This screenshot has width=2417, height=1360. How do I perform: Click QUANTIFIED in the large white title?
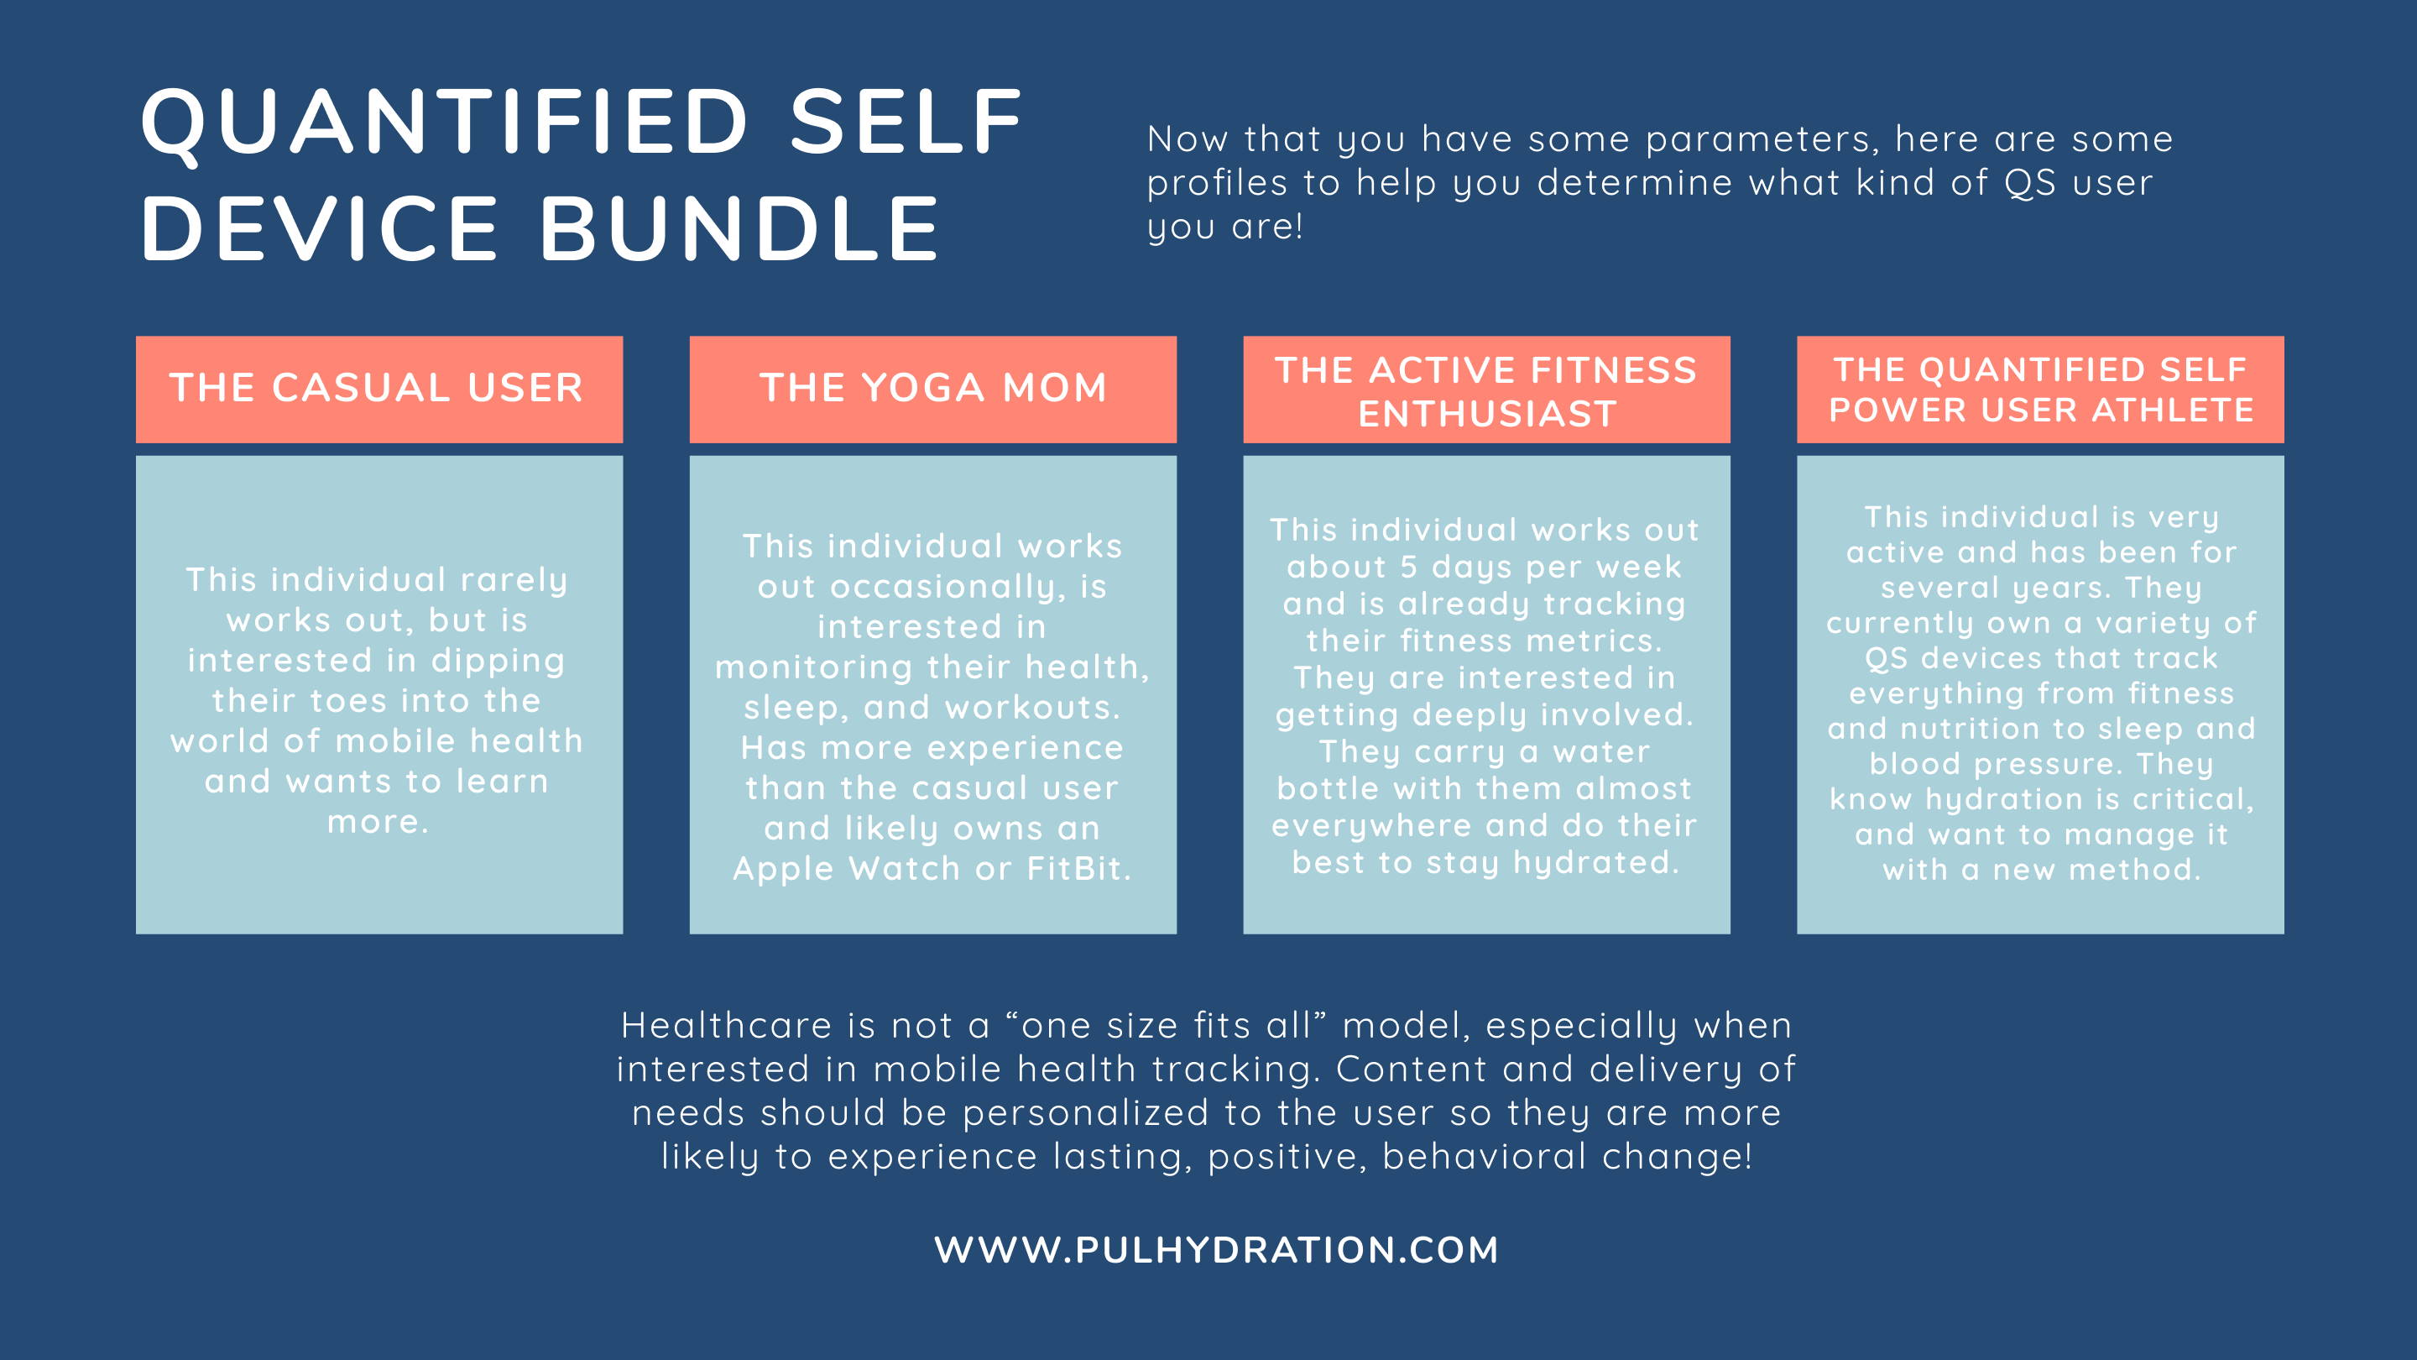[445, 123]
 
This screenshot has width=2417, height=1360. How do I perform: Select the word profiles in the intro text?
[1217, 184]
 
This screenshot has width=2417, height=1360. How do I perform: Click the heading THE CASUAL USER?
[376, 388]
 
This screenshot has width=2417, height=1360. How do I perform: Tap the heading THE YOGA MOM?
[933, 388]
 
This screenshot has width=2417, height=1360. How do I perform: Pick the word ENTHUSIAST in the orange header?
[1487, 414]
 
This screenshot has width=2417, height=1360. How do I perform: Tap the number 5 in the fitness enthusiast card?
[1408, 567]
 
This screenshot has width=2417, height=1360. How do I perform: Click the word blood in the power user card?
[1914, 764]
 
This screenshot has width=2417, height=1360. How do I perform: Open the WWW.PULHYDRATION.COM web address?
[1216, 1250]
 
